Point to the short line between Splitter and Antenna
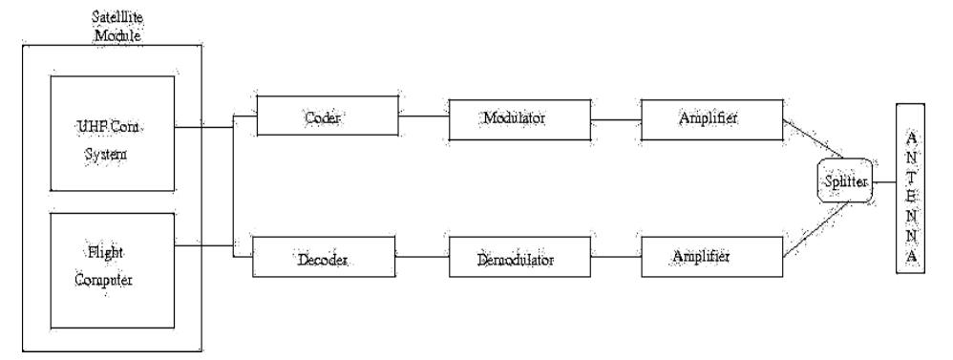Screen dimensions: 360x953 pos(882,182)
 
